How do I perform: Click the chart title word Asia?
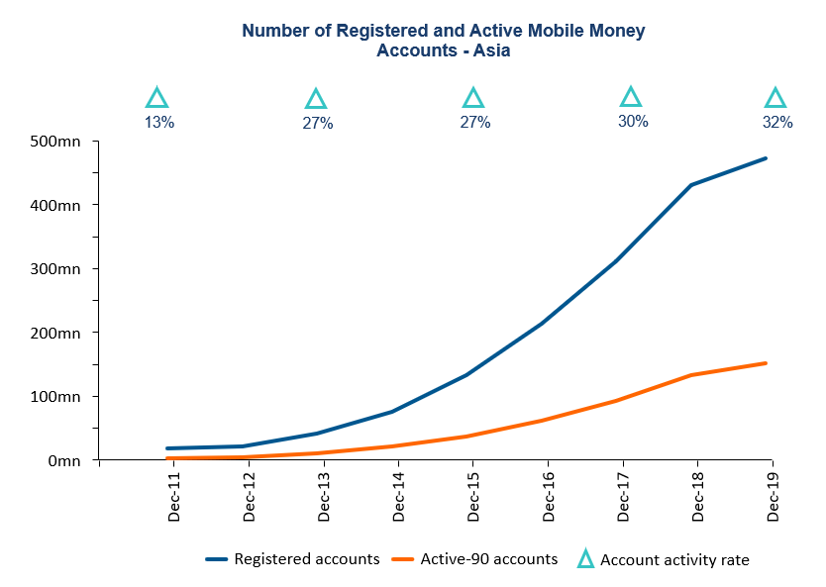pyautogui.click(x=490, y=49)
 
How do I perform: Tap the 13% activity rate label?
pyautogui.click(x=159, y=123)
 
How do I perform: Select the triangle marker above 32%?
pyautogui.click(x=775, y=98)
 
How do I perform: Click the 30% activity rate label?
pyautogui.click(x=633, y=121)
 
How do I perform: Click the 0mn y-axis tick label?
pyautogui.click(x=66, y=460)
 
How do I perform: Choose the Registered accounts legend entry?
pyautogui.click(x=306, y=559)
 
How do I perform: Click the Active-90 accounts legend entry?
pyautogui.click(x=488, y=559)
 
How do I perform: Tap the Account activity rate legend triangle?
pyautogui.click(x=584, y=560)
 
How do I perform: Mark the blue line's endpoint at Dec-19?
pyautogui.click(x=767, y=158)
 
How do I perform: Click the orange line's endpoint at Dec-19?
pyautogui.click(x=767, y=363)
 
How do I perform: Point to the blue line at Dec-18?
pyautogui.click(x=692, y=185)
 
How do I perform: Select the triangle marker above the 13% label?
pyautogui.click(x=156, y=98)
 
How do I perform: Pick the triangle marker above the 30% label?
pyautogui.click(x=631, y=97)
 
